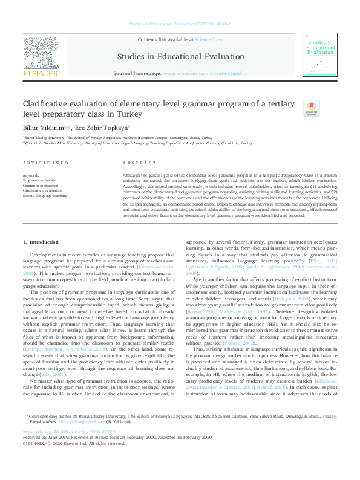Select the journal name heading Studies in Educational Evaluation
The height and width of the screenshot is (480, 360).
pyautogui.click(x=180, y=56)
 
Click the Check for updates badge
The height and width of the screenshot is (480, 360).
pyautogui.click(x=311, y=108)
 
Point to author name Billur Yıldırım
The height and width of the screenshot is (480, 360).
pyautogui.click(x=42, y=129)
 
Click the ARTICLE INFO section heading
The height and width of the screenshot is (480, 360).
pyautogui.click(x=45, y=163)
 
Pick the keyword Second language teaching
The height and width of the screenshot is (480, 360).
pyautogui.click(x=45, y=196)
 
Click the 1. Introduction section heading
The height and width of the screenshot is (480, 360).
pyautogui.click(x=41, y=242)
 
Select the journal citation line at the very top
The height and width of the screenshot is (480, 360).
pyautogui.click(x=180, y=24)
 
